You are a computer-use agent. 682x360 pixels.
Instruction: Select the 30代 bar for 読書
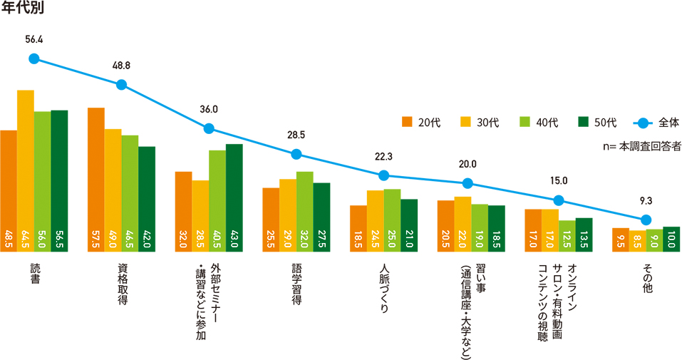[x=26, y=171]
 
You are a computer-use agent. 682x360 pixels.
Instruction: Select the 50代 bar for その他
[x=672, y=240]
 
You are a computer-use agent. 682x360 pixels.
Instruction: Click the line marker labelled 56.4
[x=34, y=59]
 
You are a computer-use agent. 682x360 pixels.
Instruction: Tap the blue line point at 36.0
[x=209, y=129]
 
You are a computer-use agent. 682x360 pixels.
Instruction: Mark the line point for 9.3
[x=646, y=220]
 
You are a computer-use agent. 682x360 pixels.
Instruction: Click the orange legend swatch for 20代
[x=407, y=122]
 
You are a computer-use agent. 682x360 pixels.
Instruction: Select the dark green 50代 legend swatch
[x=582, y=122]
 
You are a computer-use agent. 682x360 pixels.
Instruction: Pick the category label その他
[x=646, y=274]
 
